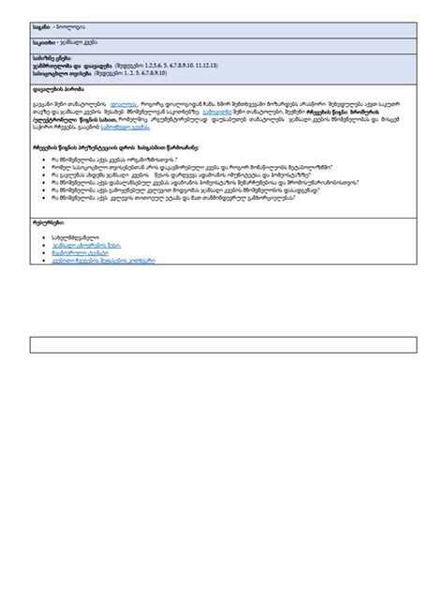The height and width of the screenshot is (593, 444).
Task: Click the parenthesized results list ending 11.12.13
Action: coord(164,65)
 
